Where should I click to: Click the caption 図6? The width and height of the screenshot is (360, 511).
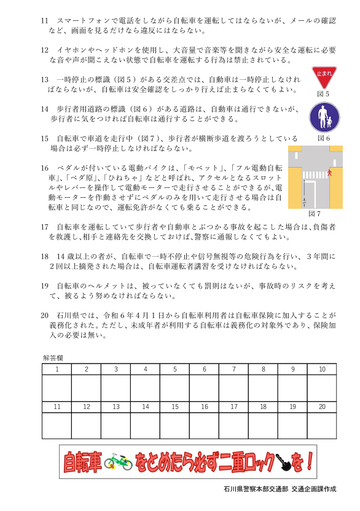(x=323, y=138)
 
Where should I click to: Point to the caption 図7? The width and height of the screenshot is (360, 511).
(x=315, y=214)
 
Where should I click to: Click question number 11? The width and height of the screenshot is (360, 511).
(x=44, y=21)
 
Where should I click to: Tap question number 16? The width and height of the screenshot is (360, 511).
(x=44, y=168)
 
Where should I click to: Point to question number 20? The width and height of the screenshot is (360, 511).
(x=44, y=315)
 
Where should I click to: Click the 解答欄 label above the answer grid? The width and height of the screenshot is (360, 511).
(x=52, y=357)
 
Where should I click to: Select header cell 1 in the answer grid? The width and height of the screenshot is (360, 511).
(x=57, y=369)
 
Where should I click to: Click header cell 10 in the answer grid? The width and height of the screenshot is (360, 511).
(x=322, y=369)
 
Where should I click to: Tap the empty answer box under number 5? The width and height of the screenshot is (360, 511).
(x=174, y=388)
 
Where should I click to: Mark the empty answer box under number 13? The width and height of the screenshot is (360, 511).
(x=115, y=426)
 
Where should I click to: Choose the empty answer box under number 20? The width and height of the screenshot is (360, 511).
(x=322, y=426)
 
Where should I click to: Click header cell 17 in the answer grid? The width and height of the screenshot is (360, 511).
(x=233, y=407)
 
